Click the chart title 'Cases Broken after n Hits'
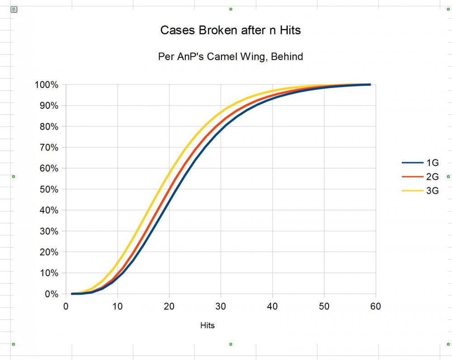231,30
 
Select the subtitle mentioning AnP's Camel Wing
231,56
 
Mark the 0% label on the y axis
51,294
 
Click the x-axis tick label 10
118,307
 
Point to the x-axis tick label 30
221,307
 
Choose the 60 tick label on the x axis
376,307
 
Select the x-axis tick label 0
66,307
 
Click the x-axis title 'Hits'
207,325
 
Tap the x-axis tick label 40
272,307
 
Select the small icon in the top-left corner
14,9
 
